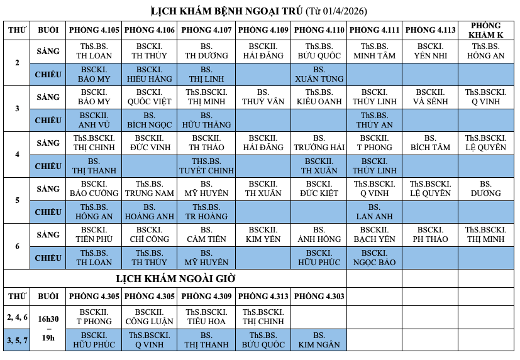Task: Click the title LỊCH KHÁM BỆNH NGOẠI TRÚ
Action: point(227,11)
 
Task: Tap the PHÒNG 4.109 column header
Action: point(263,30)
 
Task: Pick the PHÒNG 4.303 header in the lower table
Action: point(319,296)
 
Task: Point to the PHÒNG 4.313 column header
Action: point(263,296)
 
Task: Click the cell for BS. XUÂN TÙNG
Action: point(319,74)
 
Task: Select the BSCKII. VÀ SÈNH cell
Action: point(431,97)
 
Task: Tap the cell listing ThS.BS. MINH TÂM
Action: point(375,51)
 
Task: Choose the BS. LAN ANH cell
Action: point(375,212)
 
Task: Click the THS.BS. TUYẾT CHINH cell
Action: point(207,166)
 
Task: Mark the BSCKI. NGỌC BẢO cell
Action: point(375,258)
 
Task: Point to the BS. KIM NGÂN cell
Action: point(319,340)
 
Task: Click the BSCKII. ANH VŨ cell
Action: point(94,120)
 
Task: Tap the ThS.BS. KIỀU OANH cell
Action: point(319,97)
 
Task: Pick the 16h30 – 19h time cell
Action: point(48,328)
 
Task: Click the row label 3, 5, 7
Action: point(18,340)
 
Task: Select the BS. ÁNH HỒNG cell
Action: point(319,234)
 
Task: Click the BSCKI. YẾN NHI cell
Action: point(431,51)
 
